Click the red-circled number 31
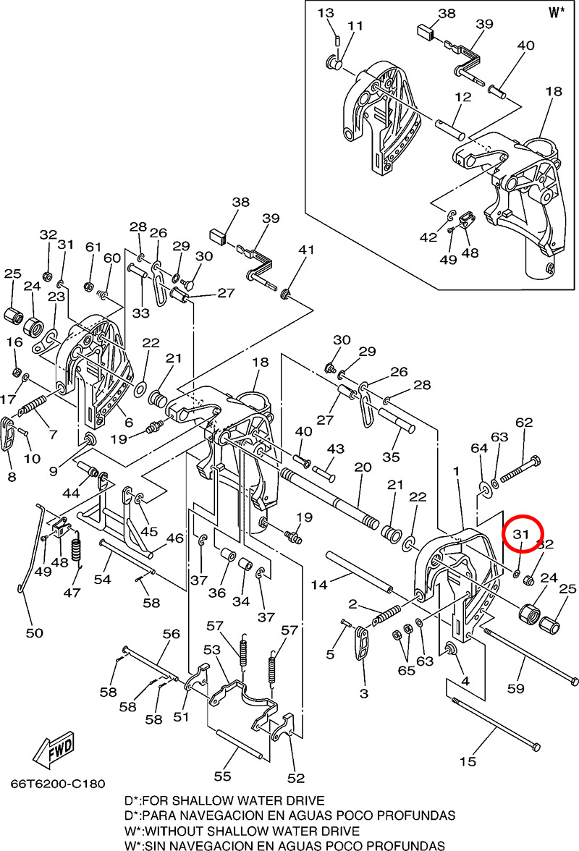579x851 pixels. pos(518,535)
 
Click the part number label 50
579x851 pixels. pos(34,633)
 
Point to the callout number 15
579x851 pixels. pos(468,761)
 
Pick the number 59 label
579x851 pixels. pos(515,688)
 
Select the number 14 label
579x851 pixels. pos(318,584)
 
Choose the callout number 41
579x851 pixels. pos(308,250)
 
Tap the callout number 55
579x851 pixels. pos(222,775)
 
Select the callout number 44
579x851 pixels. pos(70,493)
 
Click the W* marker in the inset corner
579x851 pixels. pos(556,12)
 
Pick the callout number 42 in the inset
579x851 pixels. pos(428,237)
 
